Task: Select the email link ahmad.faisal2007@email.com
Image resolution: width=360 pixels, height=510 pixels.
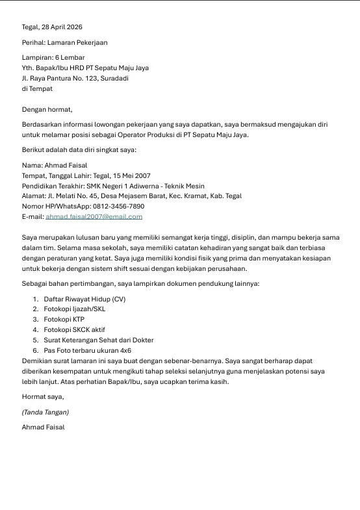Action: pos(94,216)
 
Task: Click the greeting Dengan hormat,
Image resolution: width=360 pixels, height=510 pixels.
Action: pos(47,110)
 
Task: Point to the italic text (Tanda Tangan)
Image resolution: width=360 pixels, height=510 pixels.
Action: pos(45,412)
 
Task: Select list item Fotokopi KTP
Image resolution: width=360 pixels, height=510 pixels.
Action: pos(64,320)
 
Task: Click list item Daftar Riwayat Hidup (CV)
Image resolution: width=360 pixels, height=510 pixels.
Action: pos(84,300)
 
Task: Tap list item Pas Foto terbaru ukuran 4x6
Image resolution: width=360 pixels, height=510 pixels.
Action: pos(87,350)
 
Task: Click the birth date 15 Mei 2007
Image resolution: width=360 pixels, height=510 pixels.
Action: pos(131,176)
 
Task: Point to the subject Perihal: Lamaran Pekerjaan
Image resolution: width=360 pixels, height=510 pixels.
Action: pos(64,43)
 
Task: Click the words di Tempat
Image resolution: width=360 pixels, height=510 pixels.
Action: pos(37,89)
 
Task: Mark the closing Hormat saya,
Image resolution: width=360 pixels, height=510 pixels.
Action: pos(43,396)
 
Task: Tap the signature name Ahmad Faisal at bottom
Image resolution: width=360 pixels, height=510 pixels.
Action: pos(43,427)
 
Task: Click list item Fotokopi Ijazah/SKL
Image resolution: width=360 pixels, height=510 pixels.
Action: pos(74,309)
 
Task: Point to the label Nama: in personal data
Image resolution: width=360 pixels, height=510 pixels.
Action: pos(32,166)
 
